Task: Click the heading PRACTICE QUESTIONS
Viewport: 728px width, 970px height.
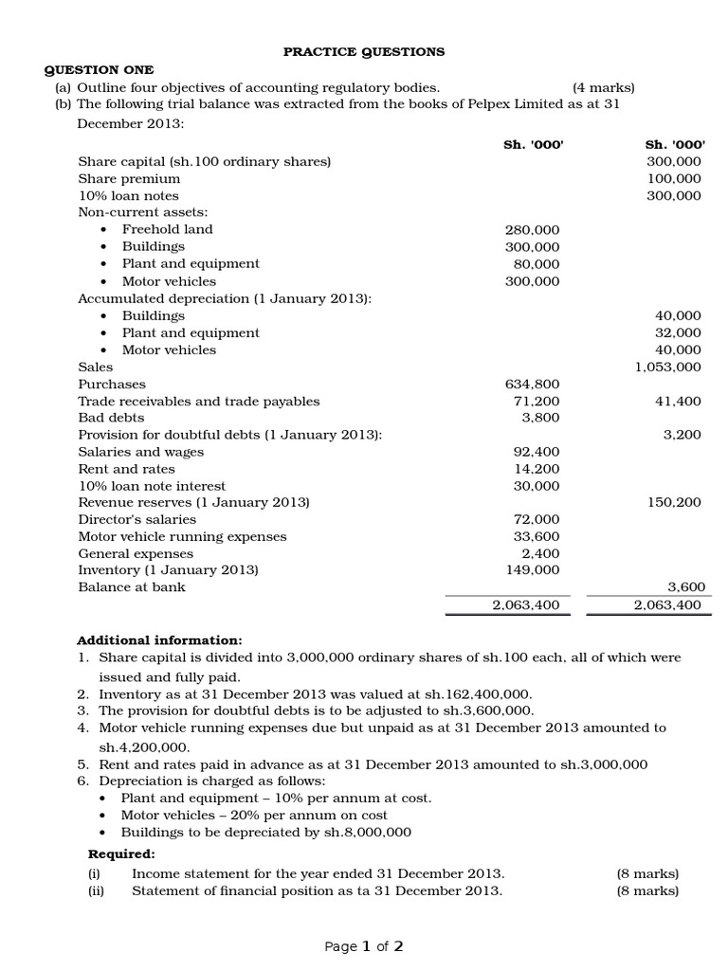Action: [x=365, y=52]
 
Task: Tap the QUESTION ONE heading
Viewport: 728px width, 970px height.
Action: [x=100, y=70]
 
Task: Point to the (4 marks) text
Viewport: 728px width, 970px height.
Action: [x=603, y=87]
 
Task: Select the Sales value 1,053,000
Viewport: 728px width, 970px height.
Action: [x=667, y=368]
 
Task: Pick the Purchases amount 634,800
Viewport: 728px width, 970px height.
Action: [x=533, y=385]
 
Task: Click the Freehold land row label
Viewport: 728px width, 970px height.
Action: [x=167, y=229]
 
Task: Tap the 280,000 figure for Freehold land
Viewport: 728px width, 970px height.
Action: [x=533, y=230]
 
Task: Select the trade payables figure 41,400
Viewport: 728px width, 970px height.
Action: [x=678, y=402]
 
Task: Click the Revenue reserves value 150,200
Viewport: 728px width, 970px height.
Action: [x=674, y=503]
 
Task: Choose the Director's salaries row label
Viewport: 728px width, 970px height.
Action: [x=137, y=519]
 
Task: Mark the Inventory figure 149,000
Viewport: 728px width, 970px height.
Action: [x=533, y=570]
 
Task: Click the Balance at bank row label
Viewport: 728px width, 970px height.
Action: [x=132, y=587]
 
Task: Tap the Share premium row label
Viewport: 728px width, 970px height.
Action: [x=129, y=178]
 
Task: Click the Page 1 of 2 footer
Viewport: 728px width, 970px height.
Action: [x=364, y=946]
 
